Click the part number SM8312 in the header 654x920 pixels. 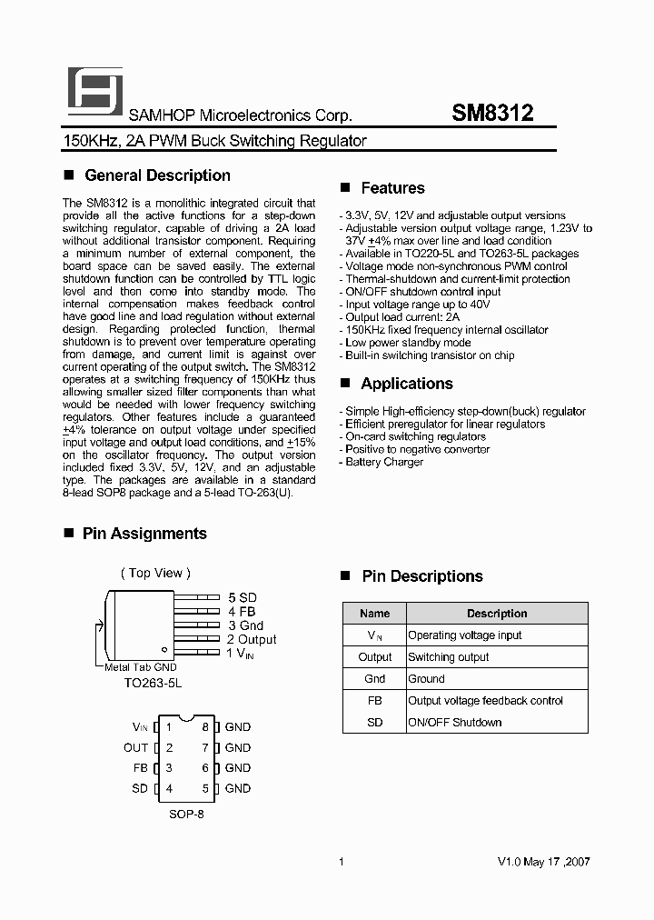pos(492,114)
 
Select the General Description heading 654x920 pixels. pos(156,175)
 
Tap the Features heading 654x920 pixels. pos(392,188)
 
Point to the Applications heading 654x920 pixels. pos(406,384)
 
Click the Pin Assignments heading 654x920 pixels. pos(144,534)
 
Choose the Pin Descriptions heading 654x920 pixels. pos(421,576)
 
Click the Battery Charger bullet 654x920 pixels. pos(384,462)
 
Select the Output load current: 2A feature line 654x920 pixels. pos(402,317)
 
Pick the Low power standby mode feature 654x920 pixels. pos(408,343)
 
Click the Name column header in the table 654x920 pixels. pos(374,614)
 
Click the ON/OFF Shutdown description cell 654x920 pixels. pos(454,723)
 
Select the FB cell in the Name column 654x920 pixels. pos(374,701)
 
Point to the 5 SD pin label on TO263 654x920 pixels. pos(243,597)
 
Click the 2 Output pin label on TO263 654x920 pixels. pos(252,639)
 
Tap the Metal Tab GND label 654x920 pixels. pos(140,667)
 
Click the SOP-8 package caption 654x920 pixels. pos(187,815)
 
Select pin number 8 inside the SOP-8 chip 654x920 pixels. pos(205,727)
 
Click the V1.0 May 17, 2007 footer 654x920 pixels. pos(544,862)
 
